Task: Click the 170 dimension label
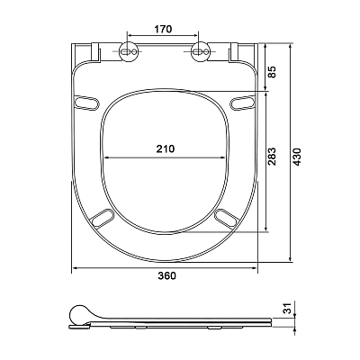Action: [163, 30]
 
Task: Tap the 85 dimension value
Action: [272, 72]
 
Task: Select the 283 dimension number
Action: [272, 157]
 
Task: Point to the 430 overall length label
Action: [297, 157]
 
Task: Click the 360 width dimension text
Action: [167, 275]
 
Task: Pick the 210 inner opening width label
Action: [166, 148]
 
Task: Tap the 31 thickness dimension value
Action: [288, 308]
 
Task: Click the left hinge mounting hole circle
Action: [129, 51]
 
